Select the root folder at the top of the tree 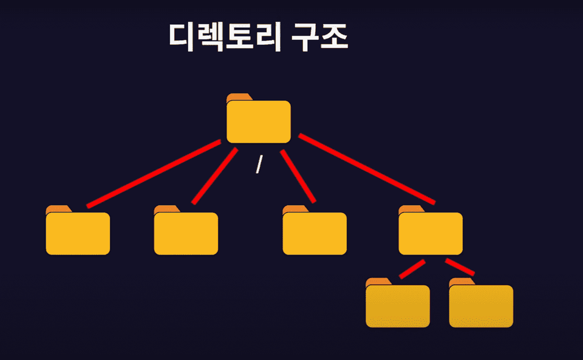[259, 121]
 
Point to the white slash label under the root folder [259, 164]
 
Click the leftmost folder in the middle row [78, 233]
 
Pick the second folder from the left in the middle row [186, 233]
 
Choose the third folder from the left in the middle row [315, 233]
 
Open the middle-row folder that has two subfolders [431, 233]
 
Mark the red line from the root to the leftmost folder [154, 174]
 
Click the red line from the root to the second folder [214, 176]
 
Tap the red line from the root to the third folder [298, 175]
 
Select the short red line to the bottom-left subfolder [412, 269]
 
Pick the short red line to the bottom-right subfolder [459, 267]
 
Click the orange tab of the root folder [237, 97]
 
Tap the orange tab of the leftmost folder [57, 209]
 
